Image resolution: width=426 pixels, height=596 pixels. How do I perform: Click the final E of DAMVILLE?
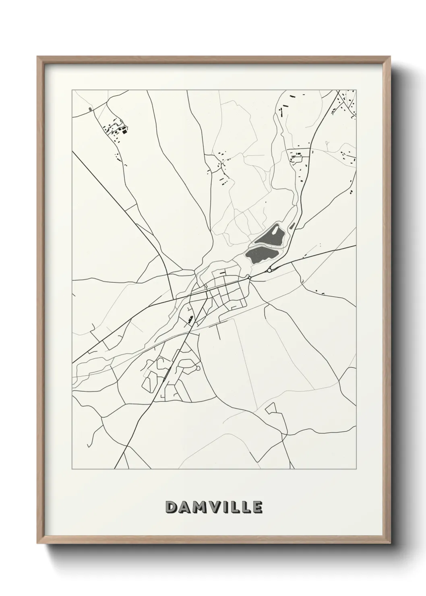coord(257,507)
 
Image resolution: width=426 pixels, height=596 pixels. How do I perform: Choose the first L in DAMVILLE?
coord(237,507)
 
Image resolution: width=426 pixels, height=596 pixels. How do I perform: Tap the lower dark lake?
coord(260,255)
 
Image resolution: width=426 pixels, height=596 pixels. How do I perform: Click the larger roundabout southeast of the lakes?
coord(269,270)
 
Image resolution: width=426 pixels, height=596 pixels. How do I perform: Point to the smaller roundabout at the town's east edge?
coord(249,277)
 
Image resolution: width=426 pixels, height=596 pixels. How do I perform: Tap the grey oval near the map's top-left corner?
coord(90,109)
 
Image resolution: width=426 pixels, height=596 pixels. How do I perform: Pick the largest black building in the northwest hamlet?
coord(124,130)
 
